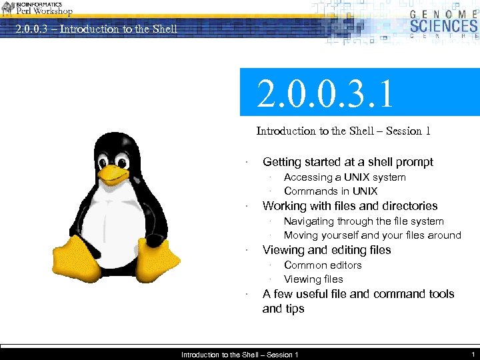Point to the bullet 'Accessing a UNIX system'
345,177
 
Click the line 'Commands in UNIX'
331,191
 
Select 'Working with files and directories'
350,206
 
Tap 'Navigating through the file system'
363,221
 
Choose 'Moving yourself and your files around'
372,235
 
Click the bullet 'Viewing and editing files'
327,250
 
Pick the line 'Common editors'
323,265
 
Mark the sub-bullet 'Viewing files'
313,279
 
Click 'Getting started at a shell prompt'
348,162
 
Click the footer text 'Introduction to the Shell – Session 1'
240,355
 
